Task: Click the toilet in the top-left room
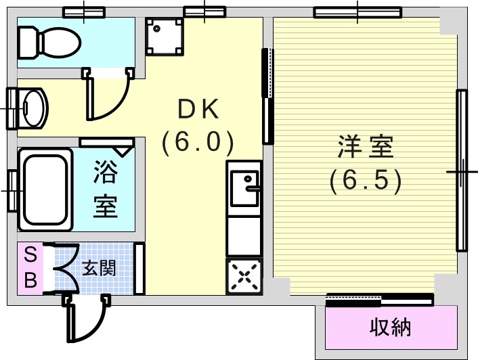(49, 43)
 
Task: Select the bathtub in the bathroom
(46, 189)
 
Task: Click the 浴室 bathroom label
(105, 189)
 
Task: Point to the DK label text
(198, 109)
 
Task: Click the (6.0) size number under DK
(198, 142)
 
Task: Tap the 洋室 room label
(366, 146)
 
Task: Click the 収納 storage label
(391, 327)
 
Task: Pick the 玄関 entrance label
(100, 268)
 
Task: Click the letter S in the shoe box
(30, 254)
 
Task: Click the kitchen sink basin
(244, 187)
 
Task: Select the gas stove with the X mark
(244, 276)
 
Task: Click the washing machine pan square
(165, 37)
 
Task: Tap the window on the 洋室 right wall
(462, 171)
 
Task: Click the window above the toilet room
(84, 12)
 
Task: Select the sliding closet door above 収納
(380, 300)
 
